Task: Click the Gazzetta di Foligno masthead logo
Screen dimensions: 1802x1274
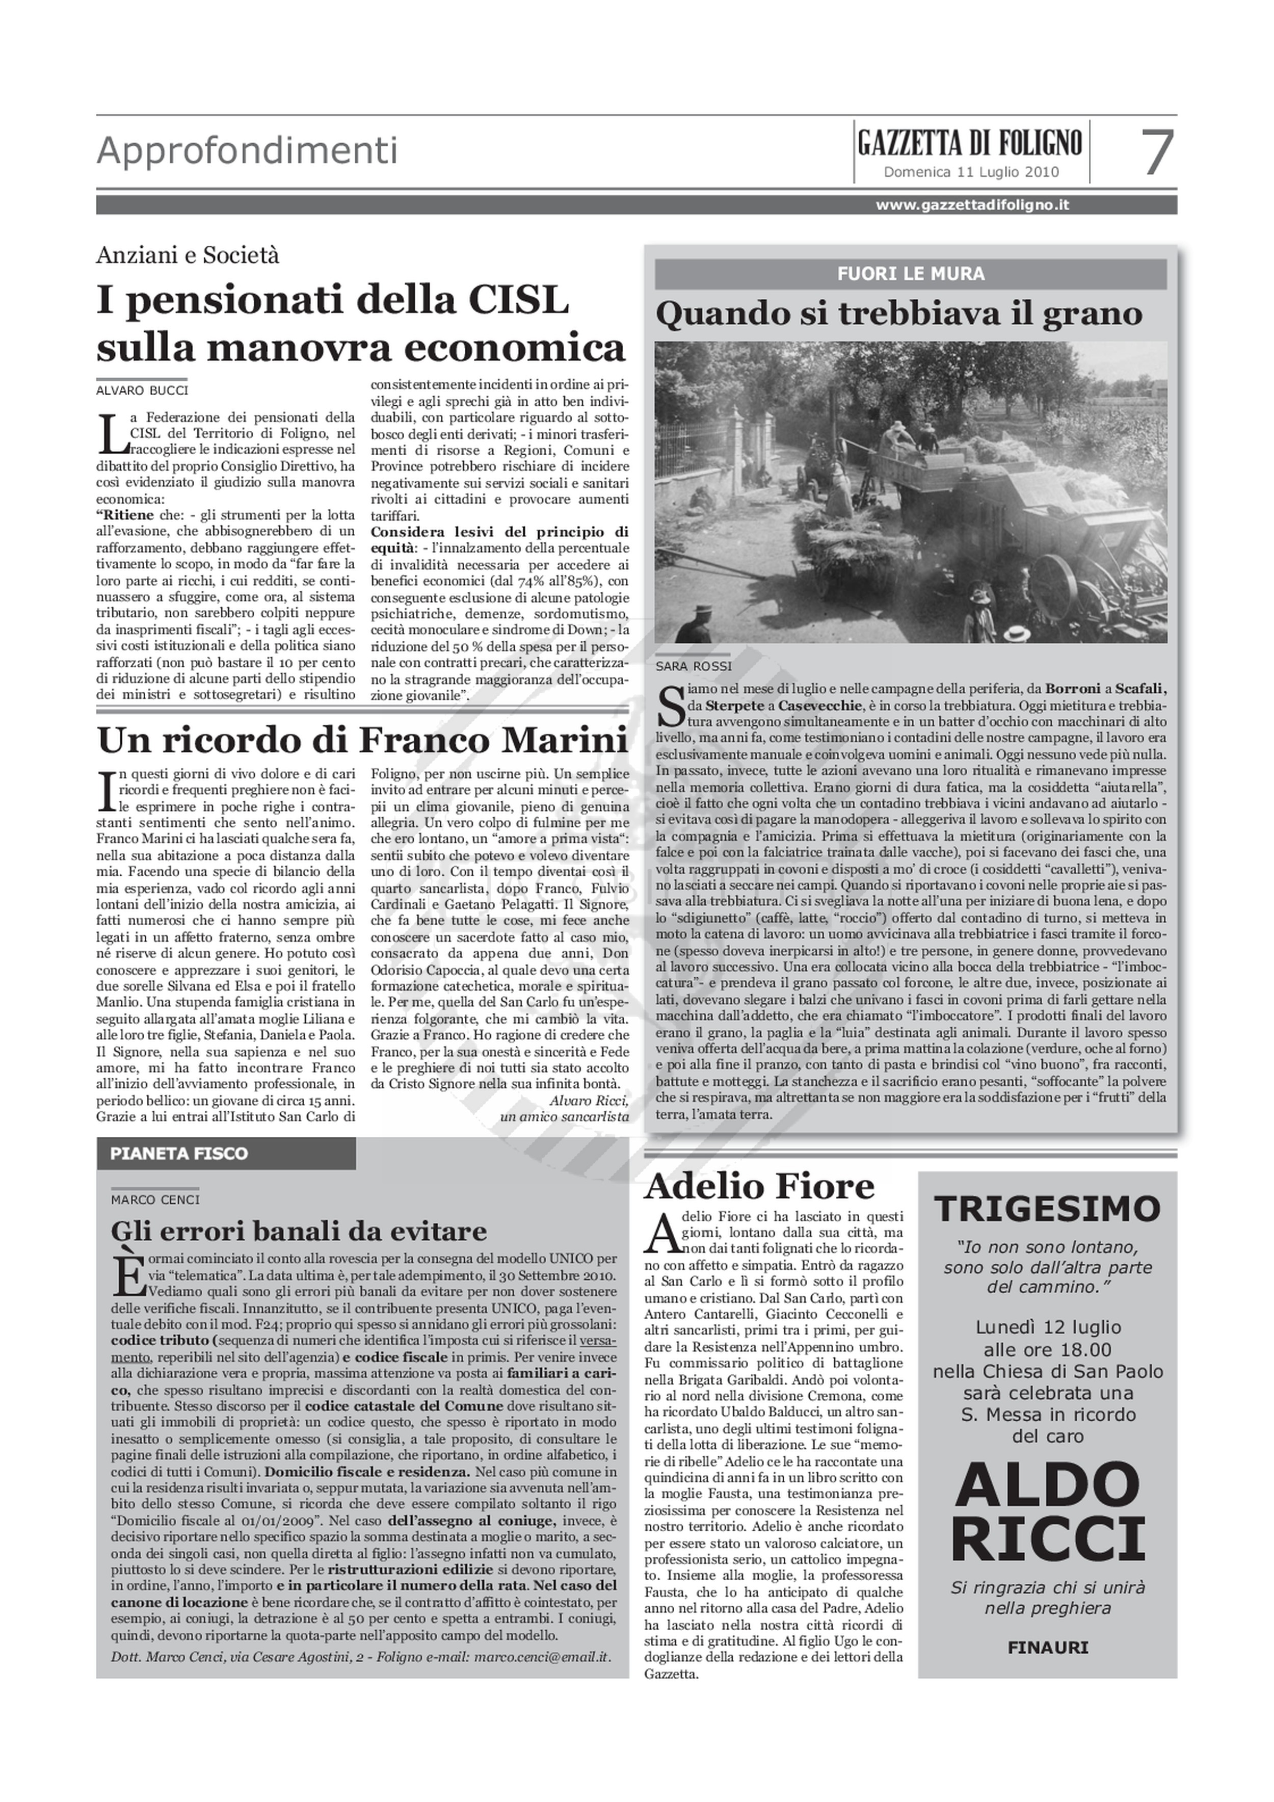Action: pyautogui.click(x=970, y=144)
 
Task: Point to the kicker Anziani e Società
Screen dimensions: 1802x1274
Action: pyautogui.click(x=188, y=255)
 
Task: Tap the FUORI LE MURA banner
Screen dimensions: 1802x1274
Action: pyautogui.click(x=911, y=274)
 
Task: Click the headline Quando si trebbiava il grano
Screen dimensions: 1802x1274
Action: pyautogui.click(x=899, y=314)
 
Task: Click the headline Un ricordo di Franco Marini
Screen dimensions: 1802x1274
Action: pyautogui.click(x=362, y=740)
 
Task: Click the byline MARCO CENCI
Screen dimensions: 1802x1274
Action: pyautogui.click(x=155, y=1199)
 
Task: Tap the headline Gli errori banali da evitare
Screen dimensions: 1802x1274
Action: pyautogui.click(x=299, y=1230)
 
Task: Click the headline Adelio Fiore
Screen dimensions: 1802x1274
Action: pyautogui.click(x=759, y=1186)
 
